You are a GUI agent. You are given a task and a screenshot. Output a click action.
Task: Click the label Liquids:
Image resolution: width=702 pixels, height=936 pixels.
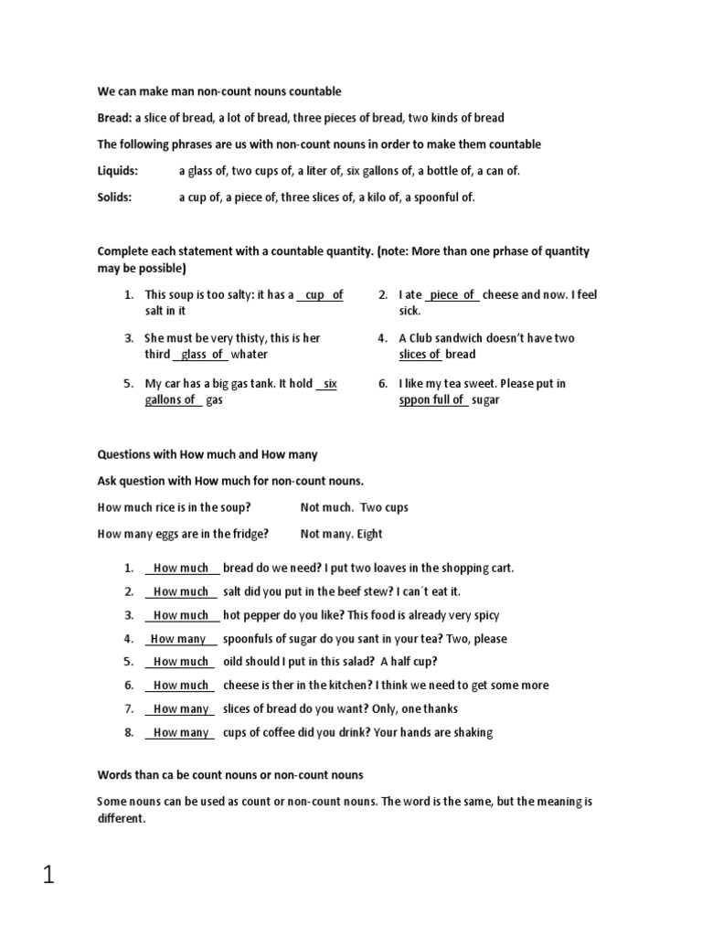pyautogui.click(x=118, y=171)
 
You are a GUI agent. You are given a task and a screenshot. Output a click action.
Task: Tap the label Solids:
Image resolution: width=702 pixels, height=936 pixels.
pyautogui.click(x=114, y=197)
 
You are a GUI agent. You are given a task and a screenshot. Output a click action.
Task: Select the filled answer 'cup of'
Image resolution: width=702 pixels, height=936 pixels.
pyautogui.click(x=324, y=295)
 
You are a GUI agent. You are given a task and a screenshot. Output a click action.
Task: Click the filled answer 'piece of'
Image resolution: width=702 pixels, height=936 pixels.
pyautogui.click(x=452, y=295)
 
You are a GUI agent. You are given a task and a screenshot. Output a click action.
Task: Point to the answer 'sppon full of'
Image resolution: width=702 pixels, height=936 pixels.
pyautogui.click(x=432, y=400)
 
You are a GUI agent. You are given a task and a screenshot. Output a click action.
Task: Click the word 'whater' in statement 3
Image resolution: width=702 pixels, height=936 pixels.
pyautogui.click(x=249, y=355)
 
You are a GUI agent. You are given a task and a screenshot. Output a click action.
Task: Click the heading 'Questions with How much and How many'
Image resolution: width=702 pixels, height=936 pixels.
pyautogui.click(x=207, y=454)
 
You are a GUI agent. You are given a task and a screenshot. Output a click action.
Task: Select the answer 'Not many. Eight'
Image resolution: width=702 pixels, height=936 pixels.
pyautogui.click(x=341, y=534)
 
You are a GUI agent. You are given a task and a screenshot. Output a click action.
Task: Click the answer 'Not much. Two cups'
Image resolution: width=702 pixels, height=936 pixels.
pyautogui.click(x=354, y=507)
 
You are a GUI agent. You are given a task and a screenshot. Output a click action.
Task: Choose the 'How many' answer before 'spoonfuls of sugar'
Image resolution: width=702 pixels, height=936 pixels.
pyautogui.click(x=180, y=639)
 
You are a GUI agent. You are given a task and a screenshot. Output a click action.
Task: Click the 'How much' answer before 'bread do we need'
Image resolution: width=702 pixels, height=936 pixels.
pyautogui.click(x=181, y=568)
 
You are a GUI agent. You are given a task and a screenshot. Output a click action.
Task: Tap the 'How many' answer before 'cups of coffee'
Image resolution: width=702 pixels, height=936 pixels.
pyautogui.click(x=181, y=732)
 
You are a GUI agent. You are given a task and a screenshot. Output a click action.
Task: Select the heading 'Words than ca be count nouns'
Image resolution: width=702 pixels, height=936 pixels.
pyautogui.click(x=229, y=775)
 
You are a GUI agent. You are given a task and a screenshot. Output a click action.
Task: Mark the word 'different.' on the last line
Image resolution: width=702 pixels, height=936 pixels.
pyautogui.click(x=121, y=819)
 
